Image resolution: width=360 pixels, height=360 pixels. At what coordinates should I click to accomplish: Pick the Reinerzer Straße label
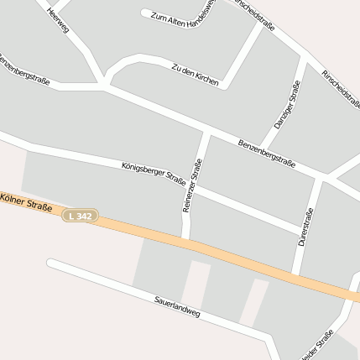[192, 185]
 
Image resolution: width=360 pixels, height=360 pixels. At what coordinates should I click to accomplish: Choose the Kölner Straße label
[26, 202]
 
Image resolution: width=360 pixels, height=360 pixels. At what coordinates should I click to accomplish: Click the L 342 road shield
[81, 217]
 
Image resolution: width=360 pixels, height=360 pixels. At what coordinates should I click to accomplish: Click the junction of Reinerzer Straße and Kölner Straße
[186, 241]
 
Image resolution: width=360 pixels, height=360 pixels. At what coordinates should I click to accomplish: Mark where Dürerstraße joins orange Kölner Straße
[295, 274]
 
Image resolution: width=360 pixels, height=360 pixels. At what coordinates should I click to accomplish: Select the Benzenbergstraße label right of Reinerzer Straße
[266, 154]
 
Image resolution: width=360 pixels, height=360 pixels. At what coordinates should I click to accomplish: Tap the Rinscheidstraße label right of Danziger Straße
[340, 86]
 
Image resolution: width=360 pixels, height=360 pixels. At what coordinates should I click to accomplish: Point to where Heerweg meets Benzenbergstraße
[104, 84]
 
